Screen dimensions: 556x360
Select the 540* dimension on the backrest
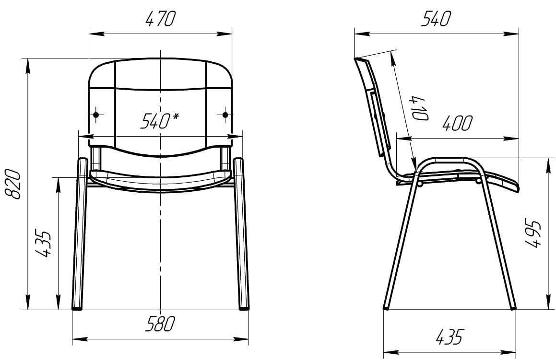click(160, 121)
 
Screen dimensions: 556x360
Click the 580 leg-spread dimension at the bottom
click(160, 324)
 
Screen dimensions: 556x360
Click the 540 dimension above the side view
click(436, 19)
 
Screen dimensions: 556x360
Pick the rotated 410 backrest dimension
click(420, 108)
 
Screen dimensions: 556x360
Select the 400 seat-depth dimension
click(458, 123)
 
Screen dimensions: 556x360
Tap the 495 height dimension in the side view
click(533, 234)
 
